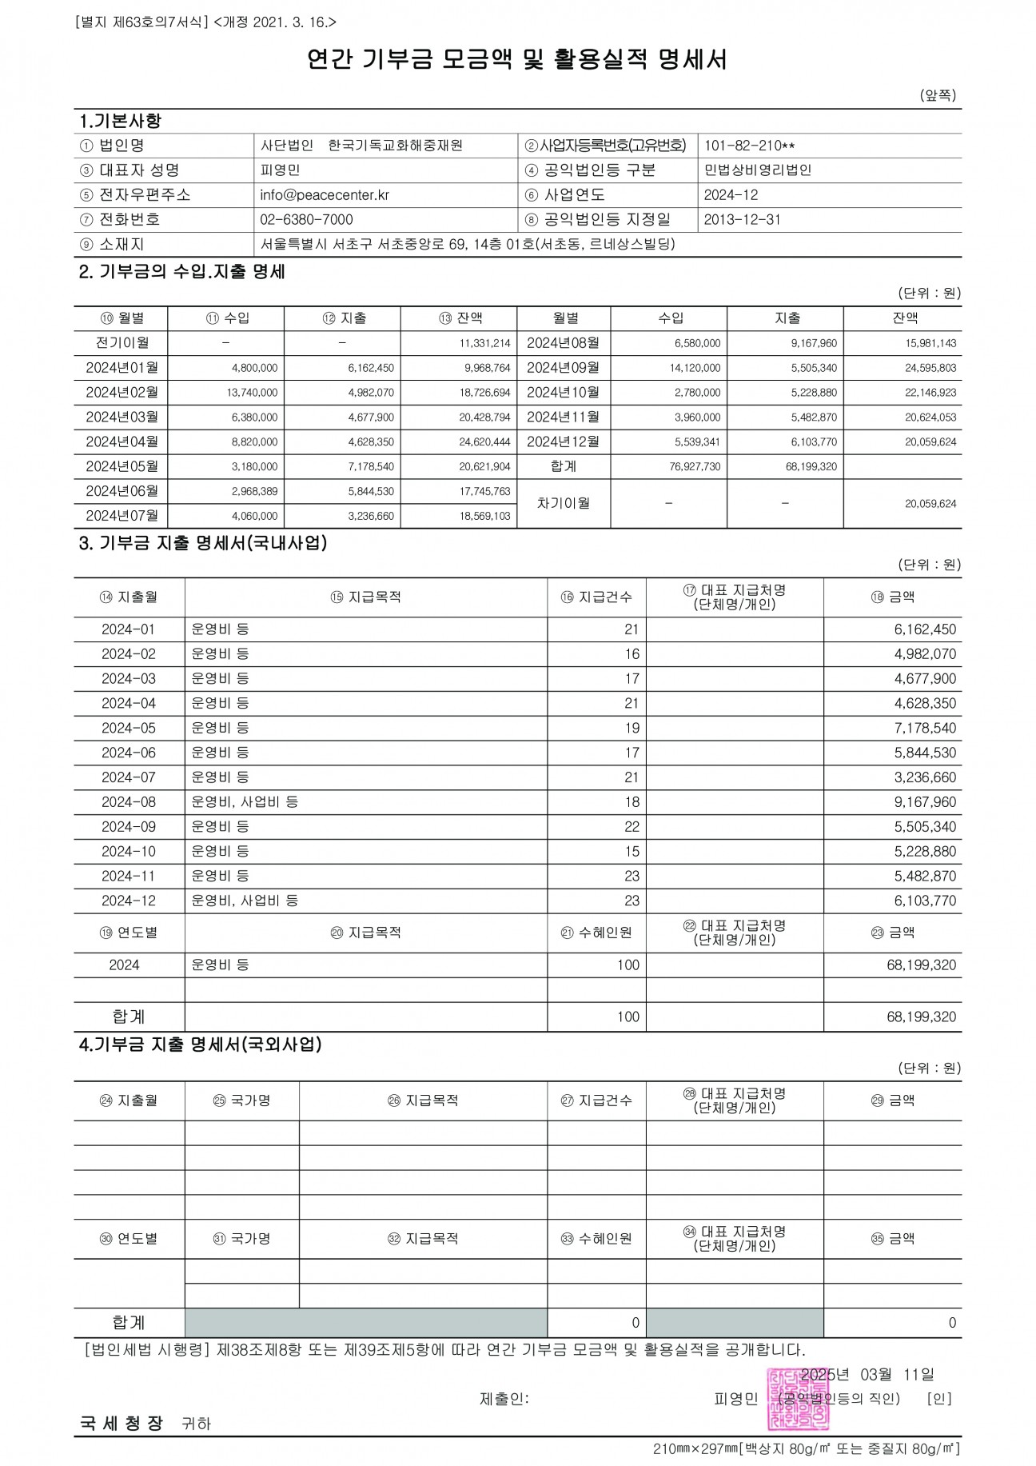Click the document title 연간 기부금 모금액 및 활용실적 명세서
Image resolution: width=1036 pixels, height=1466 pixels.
[517, 60]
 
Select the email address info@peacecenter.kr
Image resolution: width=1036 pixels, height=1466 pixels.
[325, 195]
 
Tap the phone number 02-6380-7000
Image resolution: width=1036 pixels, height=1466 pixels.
[306, 220]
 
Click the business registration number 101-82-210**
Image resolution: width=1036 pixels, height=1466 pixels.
[749, 146]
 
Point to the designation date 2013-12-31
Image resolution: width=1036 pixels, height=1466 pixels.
[742, 220]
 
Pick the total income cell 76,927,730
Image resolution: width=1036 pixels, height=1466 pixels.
[695, 467]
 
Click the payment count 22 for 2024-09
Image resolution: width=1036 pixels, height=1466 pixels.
[632, 827]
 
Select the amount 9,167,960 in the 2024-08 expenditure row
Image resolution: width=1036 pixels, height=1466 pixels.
[925, 802]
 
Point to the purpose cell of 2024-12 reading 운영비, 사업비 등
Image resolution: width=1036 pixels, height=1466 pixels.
[245, 901]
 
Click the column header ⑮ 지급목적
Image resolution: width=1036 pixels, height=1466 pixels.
[365, 597]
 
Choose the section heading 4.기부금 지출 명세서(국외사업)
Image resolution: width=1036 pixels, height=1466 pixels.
[200, 1045]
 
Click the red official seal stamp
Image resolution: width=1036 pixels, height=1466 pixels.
[798, 1399]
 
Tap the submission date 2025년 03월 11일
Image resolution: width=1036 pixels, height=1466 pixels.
[867, 1375]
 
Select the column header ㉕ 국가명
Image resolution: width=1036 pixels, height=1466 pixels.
[241, 1101]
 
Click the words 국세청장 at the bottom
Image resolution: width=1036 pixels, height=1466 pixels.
[121, 1424]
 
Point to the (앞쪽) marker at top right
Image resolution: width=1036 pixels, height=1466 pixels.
[938, 95]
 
